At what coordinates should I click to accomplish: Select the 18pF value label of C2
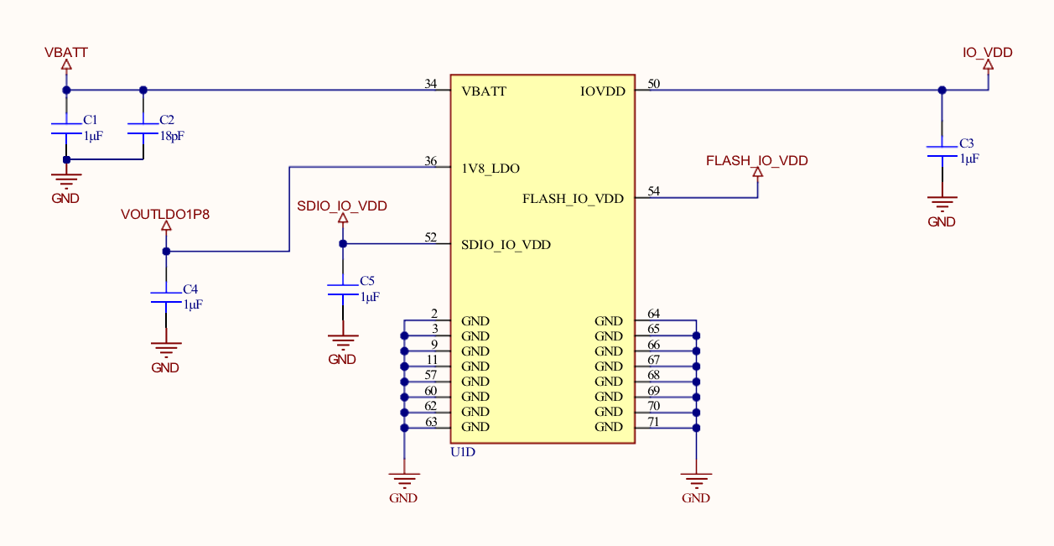tap(173, 135)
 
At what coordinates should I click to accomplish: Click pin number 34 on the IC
tap(431, 84)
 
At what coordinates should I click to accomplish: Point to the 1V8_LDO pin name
tap(491, 169)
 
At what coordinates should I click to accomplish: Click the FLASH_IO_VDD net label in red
tap(756, 160)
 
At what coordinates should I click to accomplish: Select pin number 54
tap(654, 191)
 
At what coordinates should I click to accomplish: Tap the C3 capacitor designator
tap(967, 143)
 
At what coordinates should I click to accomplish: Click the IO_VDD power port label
tap(988, 52)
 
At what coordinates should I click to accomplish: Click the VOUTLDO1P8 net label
tap(165, 214)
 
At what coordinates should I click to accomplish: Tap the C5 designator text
tap(366, 281)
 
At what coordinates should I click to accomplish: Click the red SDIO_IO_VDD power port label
tap(342, 205)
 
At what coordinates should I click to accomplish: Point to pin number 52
tap(431, 237)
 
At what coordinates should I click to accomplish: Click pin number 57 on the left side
tap(431, 374)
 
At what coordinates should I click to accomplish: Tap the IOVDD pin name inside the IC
tap(603, 91)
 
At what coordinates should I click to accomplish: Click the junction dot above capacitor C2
tap(143, 90)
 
